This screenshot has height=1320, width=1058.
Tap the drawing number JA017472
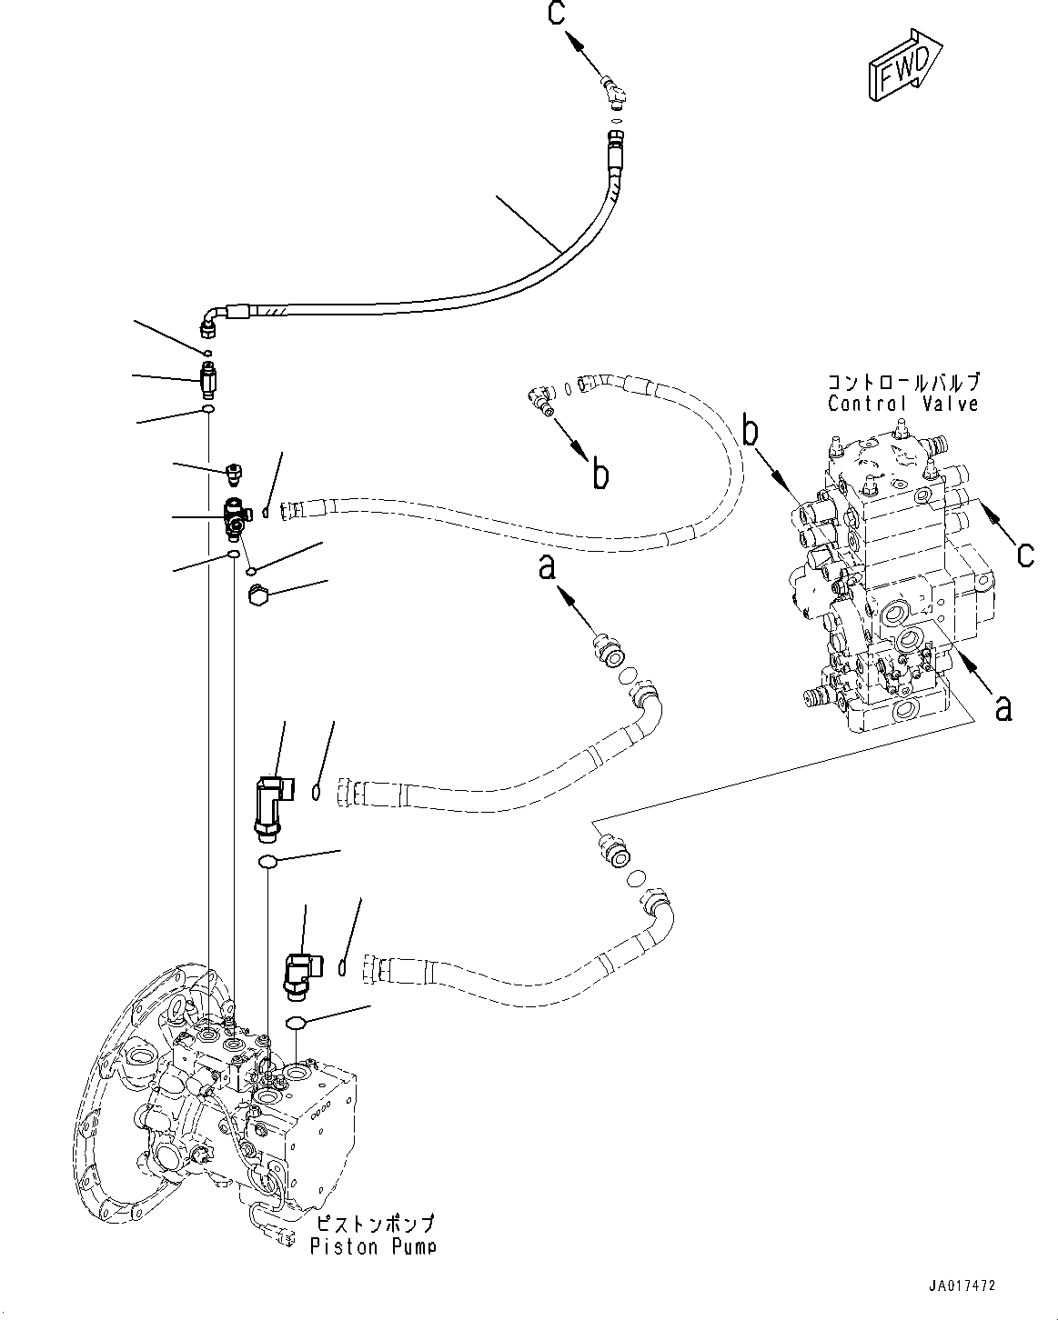[x=962, y=1285]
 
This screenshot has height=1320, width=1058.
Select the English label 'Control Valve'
[x=902, y=404]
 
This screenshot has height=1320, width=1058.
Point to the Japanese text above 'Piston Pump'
[x=373, y=1224]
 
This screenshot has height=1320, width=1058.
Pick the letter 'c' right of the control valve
[x=1024, y=553]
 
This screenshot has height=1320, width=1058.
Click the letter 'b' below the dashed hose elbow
[x=600, y=474]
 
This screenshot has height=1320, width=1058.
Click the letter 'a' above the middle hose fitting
[x=547, y=568]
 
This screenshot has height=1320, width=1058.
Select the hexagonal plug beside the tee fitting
[x=257, y=596]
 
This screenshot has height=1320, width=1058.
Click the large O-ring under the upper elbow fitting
[x=267, y=861]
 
